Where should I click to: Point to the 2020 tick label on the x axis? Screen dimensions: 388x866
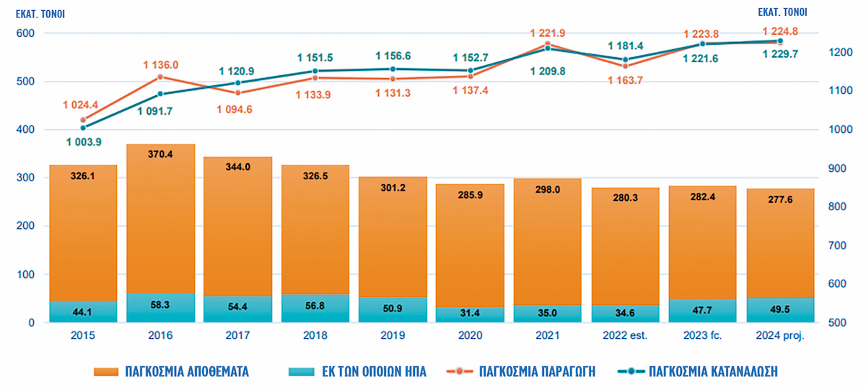[471, 336]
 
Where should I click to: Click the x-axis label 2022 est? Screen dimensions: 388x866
[626, 336]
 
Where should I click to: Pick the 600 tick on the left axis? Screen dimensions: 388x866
[25, 33]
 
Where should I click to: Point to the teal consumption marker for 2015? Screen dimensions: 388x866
[83, 128]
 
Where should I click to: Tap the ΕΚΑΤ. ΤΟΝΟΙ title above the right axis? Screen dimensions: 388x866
[782, 12]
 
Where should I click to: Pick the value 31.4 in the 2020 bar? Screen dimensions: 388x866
[471, 312]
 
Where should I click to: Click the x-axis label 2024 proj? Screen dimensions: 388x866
[780, 336]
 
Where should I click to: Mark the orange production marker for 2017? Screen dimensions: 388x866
[238, 92]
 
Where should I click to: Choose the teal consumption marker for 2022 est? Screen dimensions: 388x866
[625, 59]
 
